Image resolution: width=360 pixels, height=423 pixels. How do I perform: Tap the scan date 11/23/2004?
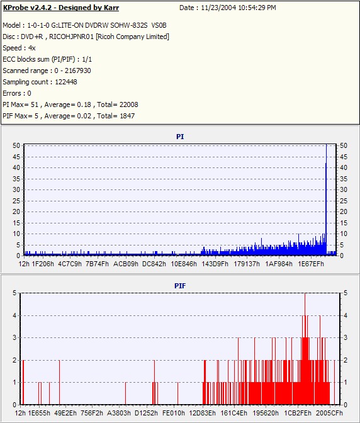[218, 8]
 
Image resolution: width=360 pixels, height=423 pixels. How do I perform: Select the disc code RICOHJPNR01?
[71, 37]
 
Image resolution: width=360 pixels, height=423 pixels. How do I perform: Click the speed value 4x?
[32, 48]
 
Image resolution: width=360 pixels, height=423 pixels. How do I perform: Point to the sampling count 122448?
[66, 82]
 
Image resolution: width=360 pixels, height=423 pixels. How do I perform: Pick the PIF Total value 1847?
[127, 116]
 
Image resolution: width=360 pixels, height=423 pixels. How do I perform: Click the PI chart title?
[180, 137]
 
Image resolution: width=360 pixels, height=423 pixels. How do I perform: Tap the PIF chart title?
[180, 286]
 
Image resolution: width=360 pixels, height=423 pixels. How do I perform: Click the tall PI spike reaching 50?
[326, 200]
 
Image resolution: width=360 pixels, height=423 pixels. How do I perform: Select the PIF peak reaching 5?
[305, 349]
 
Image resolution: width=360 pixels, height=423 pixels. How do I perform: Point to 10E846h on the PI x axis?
[184, 264]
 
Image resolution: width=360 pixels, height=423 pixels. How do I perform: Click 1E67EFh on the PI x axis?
[311, 264]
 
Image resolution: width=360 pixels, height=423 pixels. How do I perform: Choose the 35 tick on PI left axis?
[16, 179]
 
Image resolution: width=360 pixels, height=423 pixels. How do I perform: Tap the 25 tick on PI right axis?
[344, 201]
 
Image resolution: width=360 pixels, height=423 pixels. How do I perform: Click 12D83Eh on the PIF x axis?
[203, 413]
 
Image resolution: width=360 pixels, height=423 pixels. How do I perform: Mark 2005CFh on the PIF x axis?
[329, 413]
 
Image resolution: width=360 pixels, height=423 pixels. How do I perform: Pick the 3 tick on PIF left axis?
[15, 337]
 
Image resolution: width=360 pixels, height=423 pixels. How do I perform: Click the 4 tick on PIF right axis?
[346, 315]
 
